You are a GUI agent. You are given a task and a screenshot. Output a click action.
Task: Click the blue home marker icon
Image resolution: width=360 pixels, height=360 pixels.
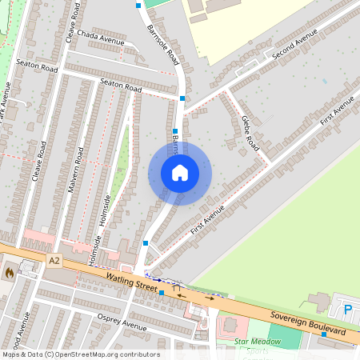pyautogui.click(x=179, y=173)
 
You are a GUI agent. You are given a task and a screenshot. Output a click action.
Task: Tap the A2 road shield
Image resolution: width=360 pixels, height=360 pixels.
pyautogui.click(x=54, y=261)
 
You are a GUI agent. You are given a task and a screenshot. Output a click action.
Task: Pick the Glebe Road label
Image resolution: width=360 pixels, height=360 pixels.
pyautogui.click(x=250, y=133)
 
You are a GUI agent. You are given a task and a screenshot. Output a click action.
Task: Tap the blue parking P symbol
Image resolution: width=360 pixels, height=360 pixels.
pyautogui.click(x=347, y=310)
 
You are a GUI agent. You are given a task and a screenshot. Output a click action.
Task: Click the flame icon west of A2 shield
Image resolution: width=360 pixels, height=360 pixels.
pyautogui.click(x=9, y=272)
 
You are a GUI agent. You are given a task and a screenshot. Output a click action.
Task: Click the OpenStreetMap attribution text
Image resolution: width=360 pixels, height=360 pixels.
pyautogui.click(x=81, y=354)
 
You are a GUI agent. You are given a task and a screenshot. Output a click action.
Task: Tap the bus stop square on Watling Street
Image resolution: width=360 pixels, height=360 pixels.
pyautogui.click(x=162, y=294)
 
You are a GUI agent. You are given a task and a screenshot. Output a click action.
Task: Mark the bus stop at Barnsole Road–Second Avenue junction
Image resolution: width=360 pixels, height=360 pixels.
pyautogui.click(x=183, y=98)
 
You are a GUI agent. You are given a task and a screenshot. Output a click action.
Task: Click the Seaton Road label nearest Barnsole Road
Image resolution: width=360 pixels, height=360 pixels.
pyautogui.click(x=120, y=85)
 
